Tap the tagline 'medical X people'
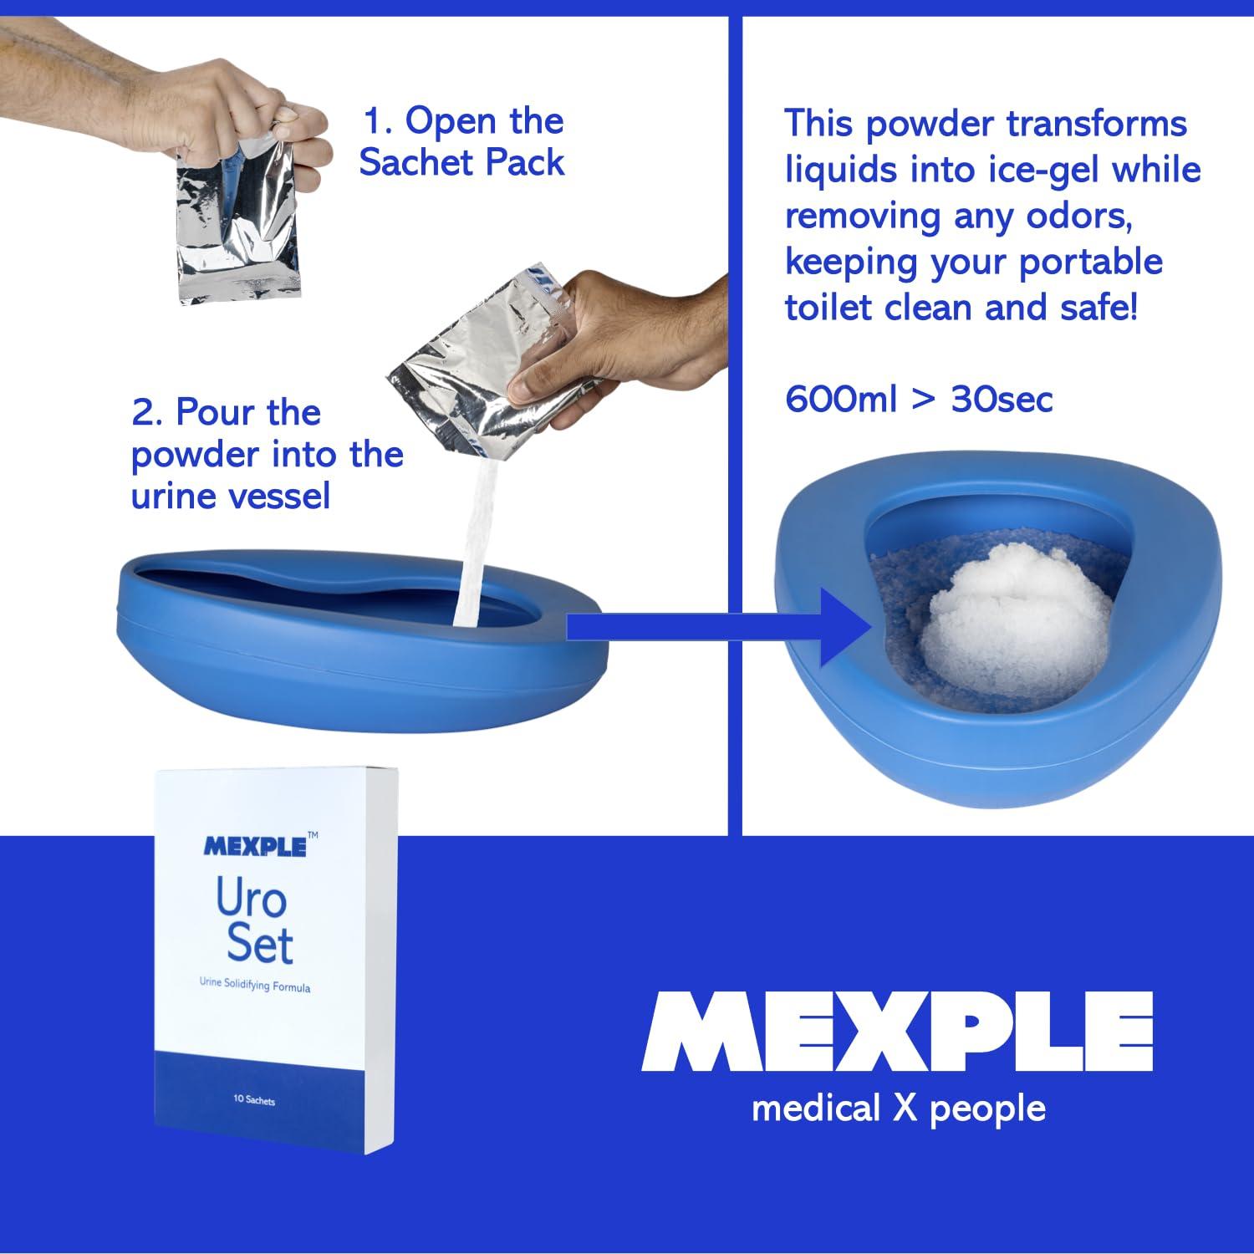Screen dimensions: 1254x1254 pos(899,1109)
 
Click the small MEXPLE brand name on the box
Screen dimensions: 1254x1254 pos(255,846)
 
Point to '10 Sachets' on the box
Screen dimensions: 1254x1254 pos(254,1099)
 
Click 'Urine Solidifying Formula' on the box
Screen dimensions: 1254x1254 pos(255,985)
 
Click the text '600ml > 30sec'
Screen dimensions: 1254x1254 pos(918,399)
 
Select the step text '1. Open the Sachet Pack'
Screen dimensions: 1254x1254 pos(462,141)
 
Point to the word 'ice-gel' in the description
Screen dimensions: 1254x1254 pos(1032,170)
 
